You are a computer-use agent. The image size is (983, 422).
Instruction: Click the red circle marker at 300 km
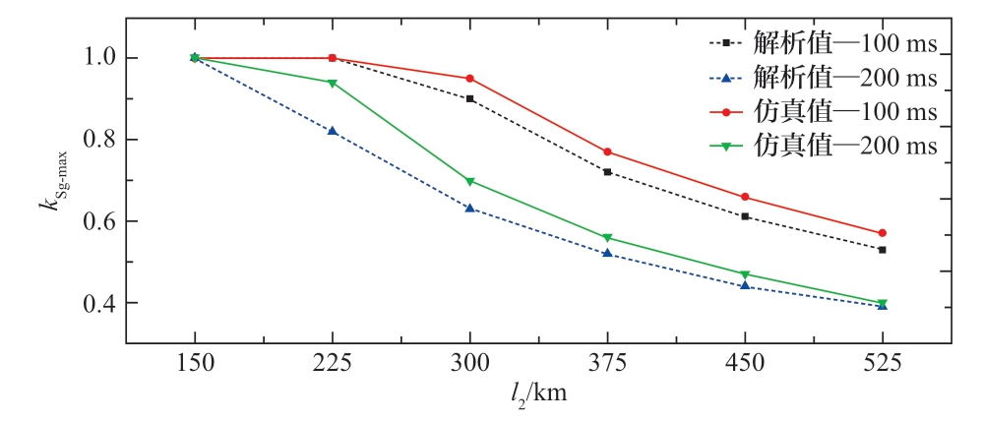tap(469, 78)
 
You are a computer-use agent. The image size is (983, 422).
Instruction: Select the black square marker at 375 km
tap(607, 172)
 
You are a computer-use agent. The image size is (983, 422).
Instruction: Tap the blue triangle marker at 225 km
tap(333, 131)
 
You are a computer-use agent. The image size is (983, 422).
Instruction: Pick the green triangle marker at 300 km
tap(469, 181)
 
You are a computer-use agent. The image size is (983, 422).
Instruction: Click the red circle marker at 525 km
tap(883, 233)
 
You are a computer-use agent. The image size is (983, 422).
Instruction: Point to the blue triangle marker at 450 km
tap(745, 285)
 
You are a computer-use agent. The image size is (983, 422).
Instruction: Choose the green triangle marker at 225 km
tap(333, 83)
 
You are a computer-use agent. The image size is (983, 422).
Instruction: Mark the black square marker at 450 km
tap(745, 216)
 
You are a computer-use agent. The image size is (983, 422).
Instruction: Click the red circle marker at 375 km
tap(607, 151)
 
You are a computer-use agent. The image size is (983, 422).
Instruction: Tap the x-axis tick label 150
tap(194, 362)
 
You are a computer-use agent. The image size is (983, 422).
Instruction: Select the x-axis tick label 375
tap(607, 362)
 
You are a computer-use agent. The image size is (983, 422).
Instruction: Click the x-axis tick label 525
tap(883, 362)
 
